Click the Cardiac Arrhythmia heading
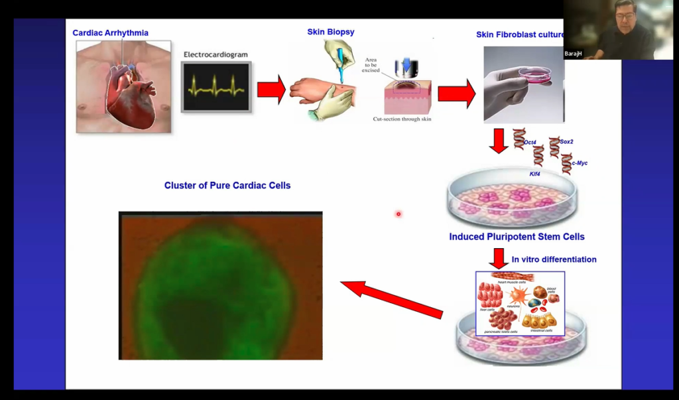tap(110, 33)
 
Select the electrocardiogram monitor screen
tap(217, 86)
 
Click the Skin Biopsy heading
tap(331, 32)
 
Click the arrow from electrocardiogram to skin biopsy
tap(271, 90)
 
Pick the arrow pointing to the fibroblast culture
tap(456, 93)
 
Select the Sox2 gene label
tap(566, 142)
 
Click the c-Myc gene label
tap(579, 163)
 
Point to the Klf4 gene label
tap(536, 174)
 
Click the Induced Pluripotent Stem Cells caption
tap(517, 237)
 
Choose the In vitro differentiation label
tap(554, 259)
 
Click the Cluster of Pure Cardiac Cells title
tap(227, 186)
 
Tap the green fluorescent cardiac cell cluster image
tap(220, 285)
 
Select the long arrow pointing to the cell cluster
tap(391, 298)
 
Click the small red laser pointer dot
tap(399, 214)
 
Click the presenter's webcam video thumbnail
tap(618, 30)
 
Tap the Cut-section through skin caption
tap(401, 119)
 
